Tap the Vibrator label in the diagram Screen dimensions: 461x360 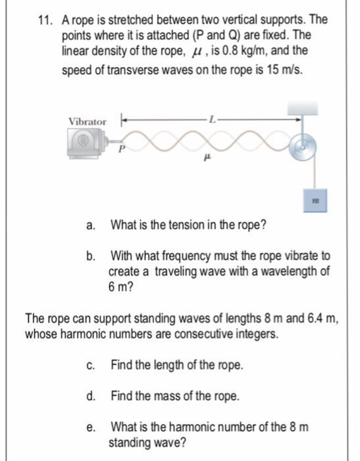[x=87, y=122]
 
